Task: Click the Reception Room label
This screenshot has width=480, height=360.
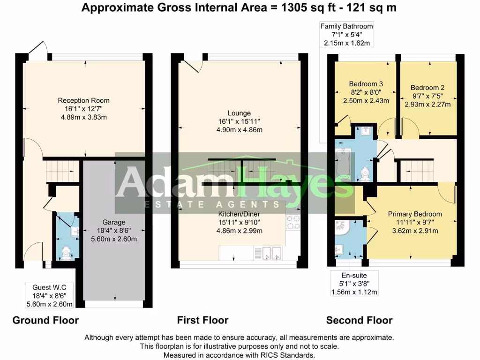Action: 83,100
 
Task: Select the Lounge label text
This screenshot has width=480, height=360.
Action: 239,113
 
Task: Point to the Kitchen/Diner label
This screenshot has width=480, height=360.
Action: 239,222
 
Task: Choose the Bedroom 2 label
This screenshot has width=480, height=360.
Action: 427,88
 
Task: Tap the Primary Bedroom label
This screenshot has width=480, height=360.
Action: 415,214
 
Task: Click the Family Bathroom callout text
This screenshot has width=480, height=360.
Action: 347,26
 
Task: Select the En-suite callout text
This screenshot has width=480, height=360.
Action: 354,276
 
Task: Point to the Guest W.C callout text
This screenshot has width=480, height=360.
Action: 49,287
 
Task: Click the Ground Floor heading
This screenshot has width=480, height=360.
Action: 45,321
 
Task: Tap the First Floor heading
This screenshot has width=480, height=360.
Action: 202,321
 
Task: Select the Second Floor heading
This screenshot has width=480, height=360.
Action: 359,321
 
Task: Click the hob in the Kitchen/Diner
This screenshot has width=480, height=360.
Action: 292,223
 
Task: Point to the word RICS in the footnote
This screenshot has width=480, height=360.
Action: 264,355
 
